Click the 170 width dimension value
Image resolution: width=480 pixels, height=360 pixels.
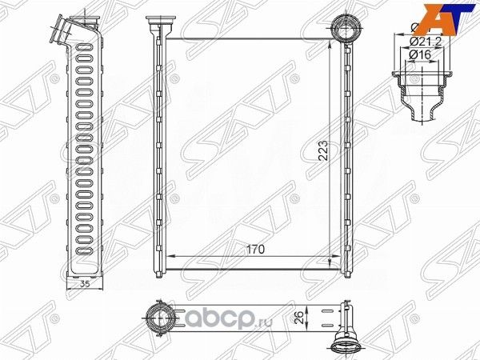point(254,250)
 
